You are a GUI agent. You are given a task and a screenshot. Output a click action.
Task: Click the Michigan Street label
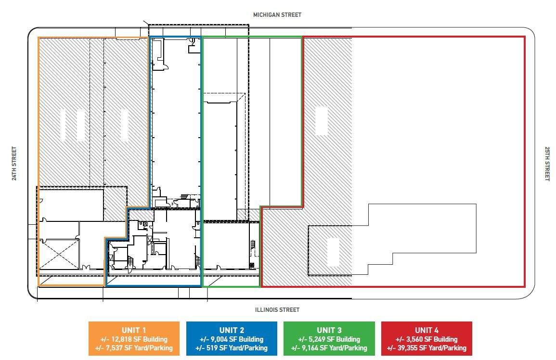[x=277, y=15]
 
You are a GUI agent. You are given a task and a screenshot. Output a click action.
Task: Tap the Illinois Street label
[x=277, y=310]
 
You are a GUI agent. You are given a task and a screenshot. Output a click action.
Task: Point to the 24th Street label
[x=14, y=164]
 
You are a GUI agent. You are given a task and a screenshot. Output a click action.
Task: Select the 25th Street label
[x=547, y=164]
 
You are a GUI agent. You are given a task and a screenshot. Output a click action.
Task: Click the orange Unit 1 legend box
[x=134, y=338]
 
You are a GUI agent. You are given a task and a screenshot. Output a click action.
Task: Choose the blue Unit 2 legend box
[x=232, y=338]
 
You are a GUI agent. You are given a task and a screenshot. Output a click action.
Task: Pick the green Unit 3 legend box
[x=329, y=338]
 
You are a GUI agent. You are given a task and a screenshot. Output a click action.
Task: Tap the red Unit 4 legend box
[x=427, y=338]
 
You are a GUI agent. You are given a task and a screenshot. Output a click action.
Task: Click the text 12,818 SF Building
[x=139, y=339]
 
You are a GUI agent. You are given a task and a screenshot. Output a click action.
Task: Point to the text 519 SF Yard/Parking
[x=237, y=348]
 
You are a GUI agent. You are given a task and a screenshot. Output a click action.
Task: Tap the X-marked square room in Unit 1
[x=59, y=254]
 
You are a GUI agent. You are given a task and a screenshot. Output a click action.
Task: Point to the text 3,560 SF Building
[x=432, y=339]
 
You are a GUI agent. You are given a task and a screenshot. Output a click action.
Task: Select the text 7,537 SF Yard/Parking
[x=139, y=348]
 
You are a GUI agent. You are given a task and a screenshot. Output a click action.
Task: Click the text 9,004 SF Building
[x=237, y=339]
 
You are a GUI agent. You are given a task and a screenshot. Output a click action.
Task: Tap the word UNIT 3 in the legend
[x=329, y=330]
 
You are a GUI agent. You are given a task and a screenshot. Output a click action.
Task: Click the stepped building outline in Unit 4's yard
[x=476, y=229]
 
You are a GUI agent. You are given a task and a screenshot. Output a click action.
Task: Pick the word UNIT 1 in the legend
[x=134, y=330]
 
